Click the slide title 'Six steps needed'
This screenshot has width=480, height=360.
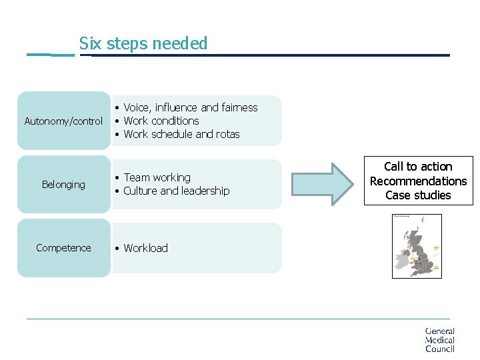point(143,44)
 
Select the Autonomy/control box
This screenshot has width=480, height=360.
point(63,121)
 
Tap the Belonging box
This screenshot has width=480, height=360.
point(63,185)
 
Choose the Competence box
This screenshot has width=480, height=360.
point(63,248)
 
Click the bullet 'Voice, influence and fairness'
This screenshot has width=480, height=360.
point(190,107)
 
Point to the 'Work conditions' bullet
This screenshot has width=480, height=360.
point(161,121)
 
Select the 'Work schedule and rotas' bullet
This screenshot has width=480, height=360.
point(181,134)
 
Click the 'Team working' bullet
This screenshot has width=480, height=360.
point(157,177)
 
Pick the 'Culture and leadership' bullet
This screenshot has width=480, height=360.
point(176,191)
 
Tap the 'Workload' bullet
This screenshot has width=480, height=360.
point(145,248)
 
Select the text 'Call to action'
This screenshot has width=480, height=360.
point(418,167)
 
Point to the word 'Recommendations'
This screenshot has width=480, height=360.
point(418,181)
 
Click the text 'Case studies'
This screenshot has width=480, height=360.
point(418,195)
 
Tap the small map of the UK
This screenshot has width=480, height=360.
point(417,246)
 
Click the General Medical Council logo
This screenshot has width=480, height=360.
point(440,339)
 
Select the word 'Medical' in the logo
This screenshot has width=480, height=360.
point(440,340)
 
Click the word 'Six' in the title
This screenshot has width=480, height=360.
point(89,44)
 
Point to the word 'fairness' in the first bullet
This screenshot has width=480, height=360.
point(239,107)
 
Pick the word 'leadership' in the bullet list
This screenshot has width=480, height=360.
point(205,191)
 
